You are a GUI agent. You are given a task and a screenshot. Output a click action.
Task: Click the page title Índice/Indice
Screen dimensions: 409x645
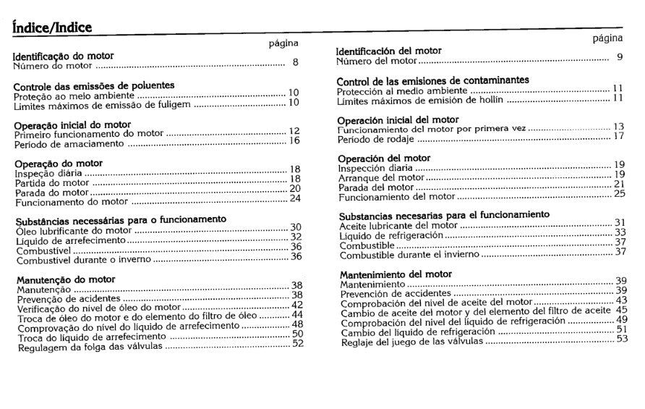click(x=52, y=28)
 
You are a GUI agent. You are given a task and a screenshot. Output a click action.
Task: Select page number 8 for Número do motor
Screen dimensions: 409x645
click(x=295, y=63)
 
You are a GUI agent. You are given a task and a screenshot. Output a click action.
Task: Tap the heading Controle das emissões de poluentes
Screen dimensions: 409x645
click(x=94, y=86)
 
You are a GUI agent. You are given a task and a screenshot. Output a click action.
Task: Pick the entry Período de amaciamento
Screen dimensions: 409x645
click(x=69, y=143)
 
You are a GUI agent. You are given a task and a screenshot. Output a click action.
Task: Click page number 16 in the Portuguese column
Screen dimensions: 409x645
click(x=294, y=140)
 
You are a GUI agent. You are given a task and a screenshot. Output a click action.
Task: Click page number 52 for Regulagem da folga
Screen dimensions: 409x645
click(x=297, y=344)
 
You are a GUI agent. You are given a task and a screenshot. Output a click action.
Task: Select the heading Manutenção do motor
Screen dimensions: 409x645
click(x=66, y=279)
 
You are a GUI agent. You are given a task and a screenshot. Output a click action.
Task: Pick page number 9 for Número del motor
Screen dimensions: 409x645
click(x=620, y=58)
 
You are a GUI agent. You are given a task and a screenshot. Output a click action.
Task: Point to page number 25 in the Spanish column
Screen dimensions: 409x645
click(x=620, y=193)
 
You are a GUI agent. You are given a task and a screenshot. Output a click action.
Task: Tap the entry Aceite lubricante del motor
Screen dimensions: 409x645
click(x=398, y=225)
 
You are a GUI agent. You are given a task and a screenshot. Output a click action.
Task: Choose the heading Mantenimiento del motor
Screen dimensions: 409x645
click(x=396, y=274)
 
